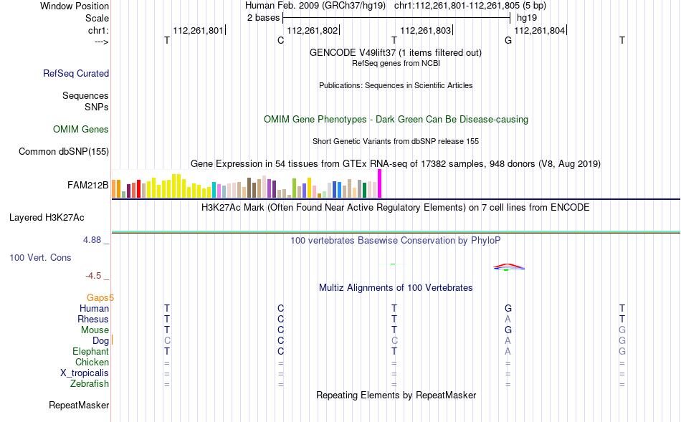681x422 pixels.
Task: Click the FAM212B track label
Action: point(87,186)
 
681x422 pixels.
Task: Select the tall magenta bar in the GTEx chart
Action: point(380,183)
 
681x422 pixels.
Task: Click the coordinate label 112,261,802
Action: point(313,30)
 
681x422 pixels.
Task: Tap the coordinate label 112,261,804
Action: point(539,30)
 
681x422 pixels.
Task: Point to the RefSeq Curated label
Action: point(76,73)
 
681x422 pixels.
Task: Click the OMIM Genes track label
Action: point(81,130)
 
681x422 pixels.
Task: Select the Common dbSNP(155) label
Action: point(64,151)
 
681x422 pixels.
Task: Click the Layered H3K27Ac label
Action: point(47,218)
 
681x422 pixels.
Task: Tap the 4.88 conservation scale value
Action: point(92,240)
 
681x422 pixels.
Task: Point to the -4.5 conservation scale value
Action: point(93,276)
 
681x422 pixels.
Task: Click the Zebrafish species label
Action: point(90,384)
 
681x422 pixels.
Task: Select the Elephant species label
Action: point(91,352)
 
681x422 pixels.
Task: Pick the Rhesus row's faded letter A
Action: point(508,319)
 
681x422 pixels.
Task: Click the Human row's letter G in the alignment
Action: point(508,308)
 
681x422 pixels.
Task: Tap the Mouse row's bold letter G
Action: point(508,330)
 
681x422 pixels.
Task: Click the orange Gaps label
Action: point(97,298)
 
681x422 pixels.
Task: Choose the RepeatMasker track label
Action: point(79,405)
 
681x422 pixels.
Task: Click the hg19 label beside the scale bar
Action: point(527,18)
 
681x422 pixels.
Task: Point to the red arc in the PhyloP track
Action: point(509,265)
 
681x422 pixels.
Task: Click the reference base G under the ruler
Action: point(508,40)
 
